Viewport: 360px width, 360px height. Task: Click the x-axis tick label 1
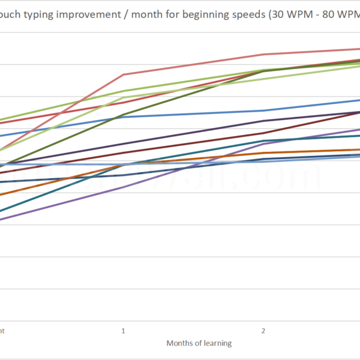point(123,331)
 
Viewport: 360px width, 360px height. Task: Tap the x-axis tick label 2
point(263,331)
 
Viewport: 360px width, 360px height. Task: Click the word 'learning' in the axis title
point(218,343)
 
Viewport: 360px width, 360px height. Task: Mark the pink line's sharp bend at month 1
point(123,74)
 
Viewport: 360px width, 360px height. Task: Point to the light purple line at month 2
point(263,143)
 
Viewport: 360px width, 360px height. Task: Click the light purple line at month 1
point(123,187)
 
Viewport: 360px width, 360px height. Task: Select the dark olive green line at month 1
point(123,115)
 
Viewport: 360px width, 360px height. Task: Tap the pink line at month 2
point(263,54)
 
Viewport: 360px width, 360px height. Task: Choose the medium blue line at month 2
point(263,110)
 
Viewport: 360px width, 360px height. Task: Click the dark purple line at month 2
point(263,121)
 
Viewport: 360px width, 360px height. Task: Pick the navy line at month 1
point(123,175)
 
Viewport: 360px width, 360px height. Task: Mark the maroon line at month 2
point(263,133)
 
